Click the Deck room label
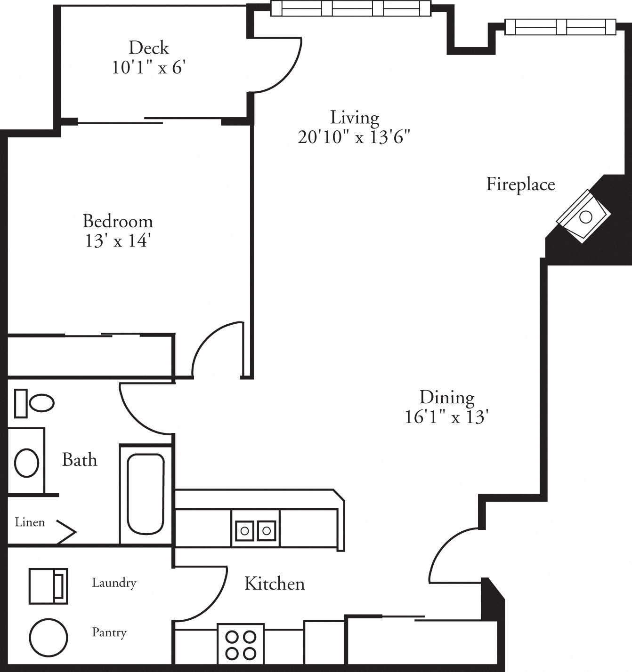coord(149,48)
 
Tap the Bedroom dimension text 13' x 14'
coord(117,241)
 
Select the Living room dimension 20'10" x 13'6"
coord(354,137)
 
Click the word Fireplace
coord(520,184)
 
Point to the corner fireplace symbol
coord(583,217)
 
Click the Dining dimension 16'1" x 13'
coord(446,417)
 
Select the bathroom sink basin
coord(26,462)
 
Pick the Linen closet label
coord(30,522)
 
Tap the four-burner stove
coord(240,645)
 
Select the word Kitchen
coord(275,584)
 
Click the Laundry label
coord(114,583)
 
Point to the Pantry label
coord(109,632)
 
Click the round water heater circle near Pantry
coord(48,637)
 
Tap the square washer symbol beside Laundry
coord(48,586)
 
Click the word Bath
coord(80,460)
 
